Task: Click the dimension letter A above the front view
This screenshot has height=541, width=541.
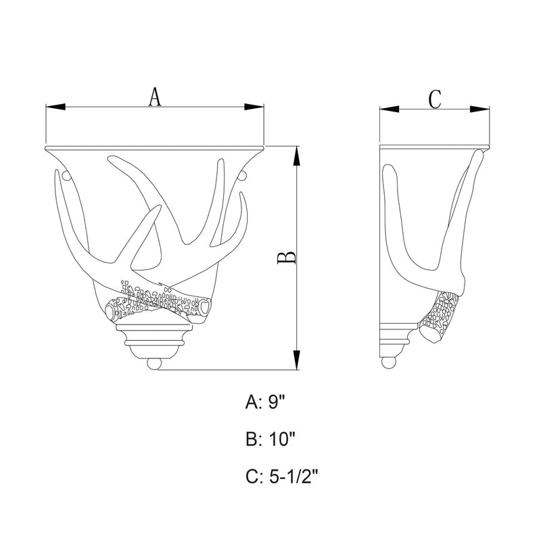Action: click(x=155, y=97)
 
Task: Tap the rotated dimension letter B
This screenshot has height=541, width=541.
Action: click(x=287, y=258)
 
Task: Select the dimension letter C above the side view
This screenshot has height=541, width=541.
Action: click(x=435, y=99)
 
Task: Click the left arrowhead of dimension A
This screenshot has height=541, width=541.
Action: click(x=55, y=107)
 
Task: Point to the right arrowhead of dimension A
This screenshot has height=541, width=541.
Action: click(x=254, y=107)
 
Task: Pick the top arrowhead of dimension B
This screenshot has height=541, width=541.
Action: click(x=296, y=156)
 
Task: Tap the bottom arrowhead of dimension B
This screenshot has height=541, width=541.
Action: click(x=296, y=360)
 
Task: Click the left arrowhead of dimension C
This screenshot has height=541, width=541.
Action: click(x=390, y=110)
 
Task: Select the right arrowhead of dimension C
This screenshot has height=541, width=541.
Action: click(x=479, y=110)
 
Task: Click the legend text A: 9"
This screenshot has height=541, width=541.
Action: click(x=265, y=402)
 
